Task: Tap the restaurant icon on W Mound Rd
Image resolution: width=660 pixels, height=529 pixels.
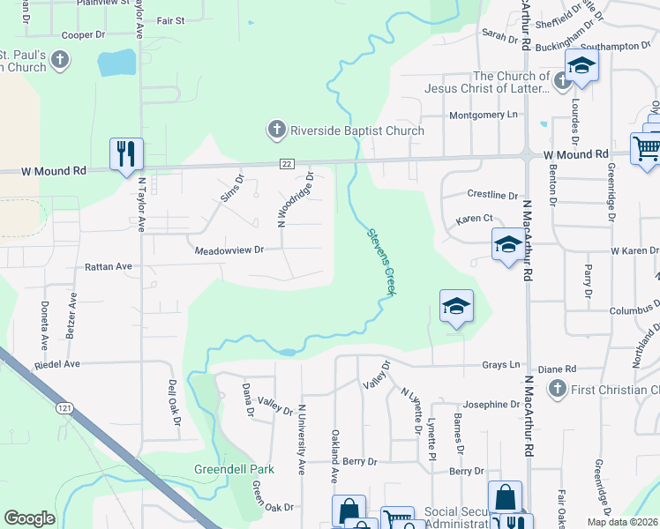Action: point(125,153)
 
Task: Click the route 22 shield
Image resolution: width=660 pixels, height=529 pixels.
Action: point(287,163)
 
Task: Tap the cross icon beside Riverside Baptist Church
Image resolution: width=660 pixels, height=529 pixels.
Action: point(276,130)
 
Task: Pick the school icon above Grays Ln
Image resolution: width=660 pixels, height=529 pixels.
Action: point(455,306)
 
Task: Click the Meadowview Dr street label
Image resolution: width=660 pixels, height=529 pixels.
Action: point(229,250)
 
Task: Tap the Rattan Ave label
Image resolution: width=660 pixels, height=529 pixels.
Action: point(108,265)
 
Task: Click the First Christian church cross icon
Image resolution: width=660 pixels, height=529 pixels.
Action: point(557,388)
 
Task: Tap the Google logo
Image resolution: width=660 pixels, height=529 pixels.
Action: point(29,518)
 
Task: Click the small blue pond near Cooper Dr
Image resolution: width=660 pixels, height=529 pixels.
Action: point(117,63)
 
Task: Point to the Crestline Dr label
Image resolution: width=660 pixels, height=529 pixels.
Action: point(492,195)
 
